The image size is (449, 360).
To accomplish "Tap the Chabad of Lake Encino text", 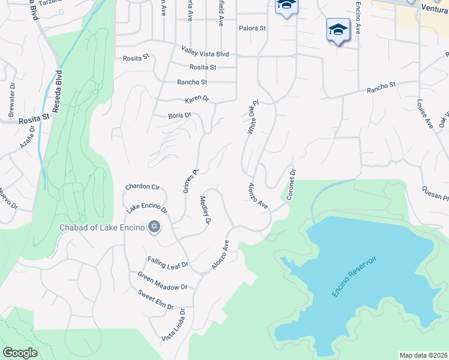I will (x=102, y=227).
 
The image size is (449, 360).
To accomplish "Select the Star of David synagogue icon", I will (x=154, y=227).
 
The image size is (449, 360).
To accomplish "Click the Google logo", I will (x=20, y=352).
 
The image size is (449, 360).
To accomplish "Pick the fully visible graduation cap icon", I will (x=338, y=29).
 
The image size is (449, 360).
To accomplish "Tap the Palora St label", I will (x=252, y=28).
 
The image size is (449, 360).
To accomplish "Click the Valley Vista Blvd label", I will (x=205, y=53).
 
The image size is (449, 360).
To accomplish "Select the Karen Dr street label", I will (x=196, y=98).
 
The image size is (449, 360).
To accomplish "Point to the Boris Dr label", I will (x=179, y=115).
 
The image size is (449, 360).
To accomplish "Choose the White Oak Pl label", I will (x=252, y=117).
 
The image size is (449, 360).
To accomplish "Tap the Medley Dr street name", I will (x=205, y=210).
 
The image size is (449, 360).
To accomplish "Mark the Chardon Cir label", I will (x=141, y=187).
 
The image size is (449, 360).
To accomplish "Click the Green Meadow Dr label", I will (x=162, y=282).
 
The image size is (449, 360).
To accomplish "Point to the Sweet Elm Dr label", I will (x=155, y=300).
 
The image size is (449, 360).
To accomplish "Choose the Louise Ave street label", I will (x=423, y=114).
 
